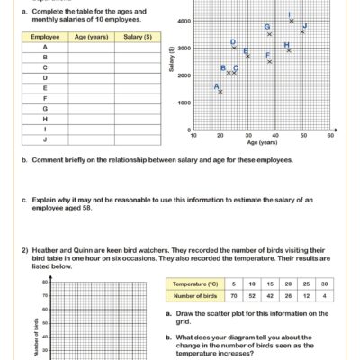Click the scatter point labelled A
point(220,91)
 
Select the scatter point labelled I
point(291,20)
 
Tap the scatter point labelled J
point(302,31)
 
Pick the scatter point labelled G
point(269,34)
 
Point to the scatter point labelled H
point(288,50)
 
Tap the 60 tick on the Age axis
point(330,136)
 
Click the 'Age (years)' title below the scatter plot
point(261,143)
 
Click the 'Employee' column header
point(45,38)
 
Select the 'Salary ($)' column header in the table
point(137,38)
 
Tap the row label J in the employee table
point(45,139)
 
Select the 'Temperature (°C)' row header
point(199,283)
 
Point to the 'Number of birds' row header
point(199,294)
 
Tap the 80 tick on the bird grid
point(44,283)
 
